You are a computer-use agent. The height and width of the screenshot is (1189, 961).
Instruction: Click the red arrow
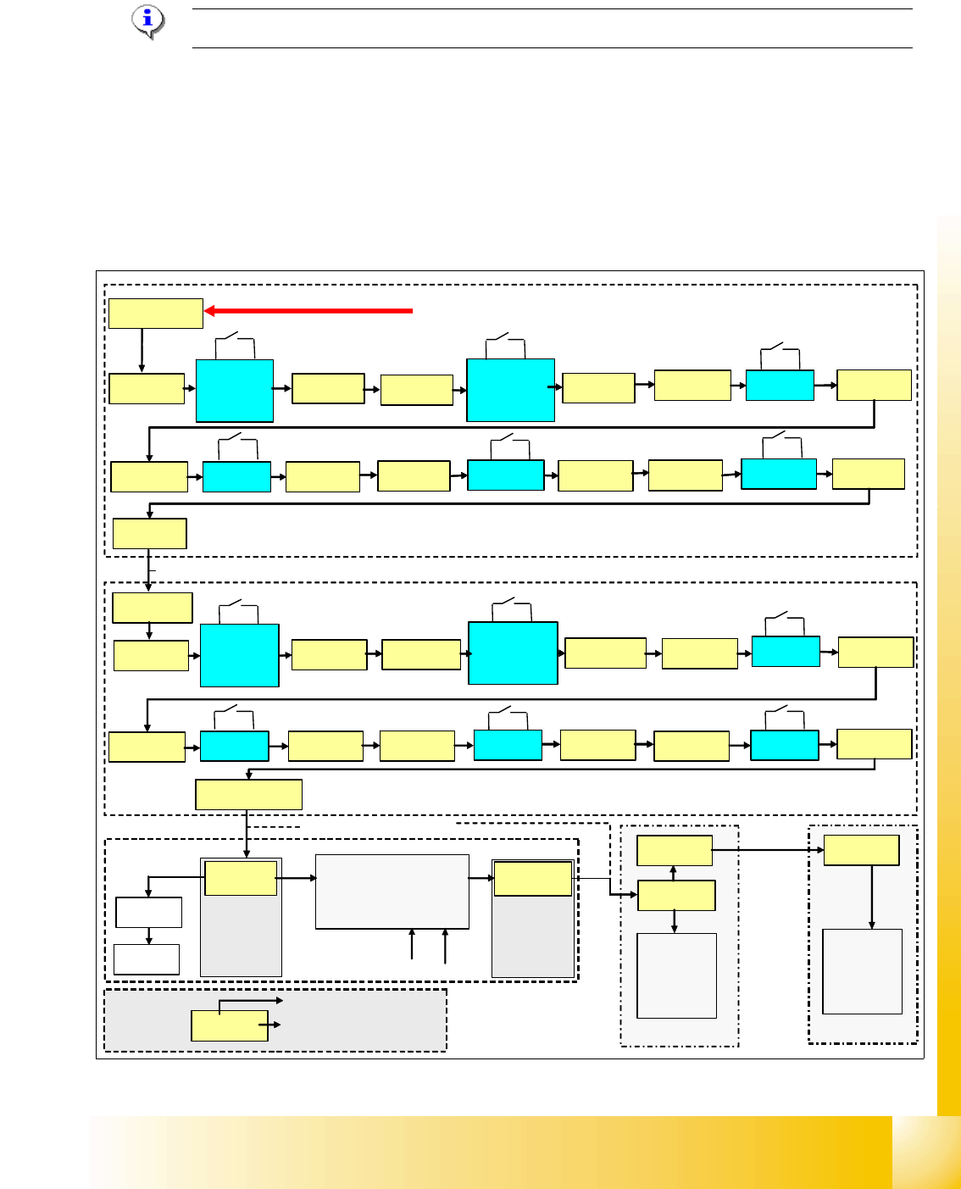click(x=309, y=311)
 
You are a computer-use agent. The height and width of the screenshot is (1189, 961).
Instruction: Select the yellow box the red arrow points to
click(x=156, y=313)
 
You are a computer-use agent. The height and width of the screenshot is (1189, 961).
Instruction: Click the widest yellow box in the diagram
click(x=248, y=795)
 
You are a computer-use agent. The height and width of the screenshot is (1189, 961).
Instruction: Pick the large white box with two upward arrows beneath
click(x=392, y=892)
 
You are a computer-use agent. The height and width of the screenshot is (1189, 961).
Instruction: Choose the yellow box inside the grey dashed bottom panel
click(x=230, y=1025)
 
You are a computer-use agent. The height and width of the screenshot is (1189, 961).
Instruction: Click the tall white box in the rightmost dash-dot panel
click(x=862, y=971)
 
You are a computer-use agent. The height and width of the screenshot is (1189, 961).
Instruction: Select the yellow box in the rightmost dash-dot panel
click(x=861, y=850)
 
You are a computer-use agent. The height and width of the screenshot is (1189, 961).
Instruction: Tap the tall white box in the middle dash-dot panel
click(x=676, y=975)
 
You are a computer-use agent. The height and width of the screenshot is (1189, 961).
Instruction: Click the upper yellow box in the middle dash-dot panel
click(x=674, y=850)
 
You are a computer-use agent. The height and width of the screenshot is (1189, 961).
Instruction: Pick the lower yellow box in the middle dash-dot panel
click(x=675, y=895)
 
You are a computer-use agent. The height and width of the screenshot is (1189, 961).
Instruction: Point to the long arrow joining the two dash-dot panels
click(x=767, y=849)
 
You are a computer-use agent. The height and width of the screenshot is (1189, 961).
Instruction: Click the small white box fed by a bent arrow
click(x=148, y=913)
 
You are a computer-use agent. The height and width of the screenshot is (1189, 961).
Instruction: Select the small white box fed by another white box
click(x=147, y=959)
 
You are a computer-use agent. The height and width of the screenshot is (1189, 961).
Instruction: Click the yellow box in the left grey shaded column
click(x=241, y=878)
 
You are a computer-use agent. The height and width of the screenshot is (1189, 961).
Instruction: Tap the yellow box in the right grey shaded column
click(x=533, y=879)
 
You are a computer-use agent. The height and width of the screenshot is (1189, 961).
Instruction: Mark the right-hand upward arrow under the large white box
click(x=445, y=945)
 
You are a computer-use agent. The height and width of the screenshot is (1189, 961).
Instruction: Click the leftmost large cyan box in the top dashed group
click(x=234, y=391)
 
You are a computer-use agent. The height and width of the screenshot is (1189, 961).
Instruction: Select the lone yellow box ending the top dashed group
click(x=149, y=534)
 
